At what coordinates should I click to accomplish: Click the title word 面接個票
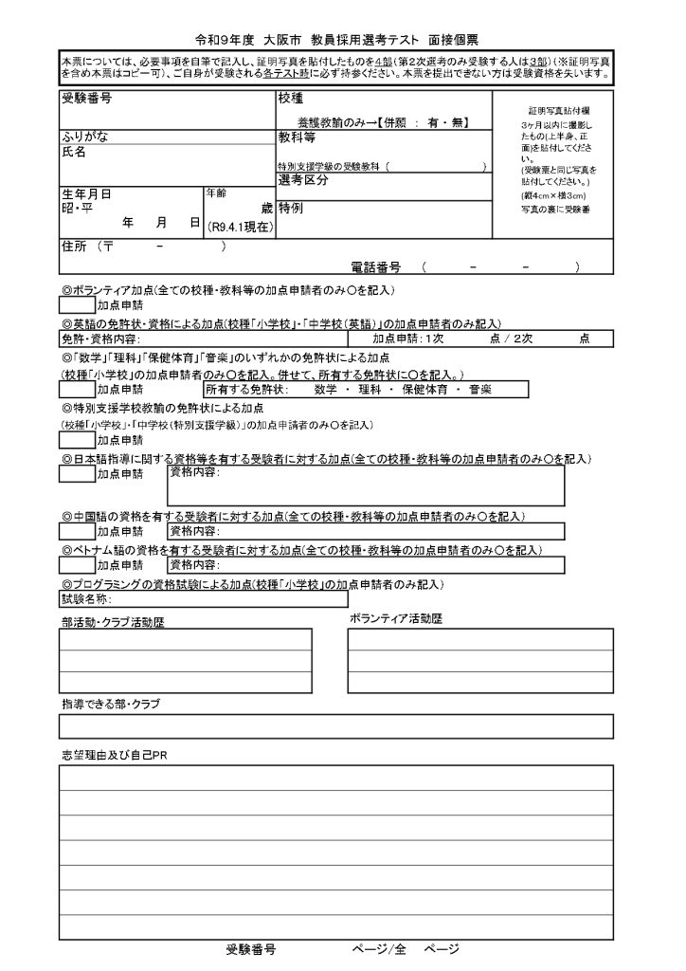point(453,40)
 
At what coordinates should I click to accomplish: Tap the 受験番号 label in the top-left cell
point(86,99)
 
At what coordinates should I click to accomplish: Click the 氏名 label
point(74,152)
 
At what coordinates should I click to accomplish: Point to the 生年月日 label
point(86,193)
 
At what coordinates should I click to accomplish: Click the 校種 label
point(290,99)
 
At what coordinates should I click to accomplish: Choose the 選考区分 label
point(302,180)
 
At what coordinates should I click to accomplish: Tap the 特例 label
point(290,206)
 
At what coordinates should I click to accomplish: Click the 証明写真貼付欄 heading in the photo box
point(555,111)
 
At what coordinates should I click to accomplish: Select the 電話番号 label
point(376,268)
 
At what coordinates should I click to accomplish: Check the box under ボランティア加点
point(76,305)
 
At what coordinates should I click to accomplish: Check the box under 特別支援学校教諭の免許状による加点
point(76,440)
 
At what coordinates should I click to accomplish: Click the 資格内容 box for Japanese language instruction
point(365,485)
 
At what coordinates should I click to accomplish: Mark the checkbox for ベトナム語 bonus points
point(76,565)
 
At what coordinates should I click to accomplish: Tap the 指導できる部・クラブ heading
point(111,704)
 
